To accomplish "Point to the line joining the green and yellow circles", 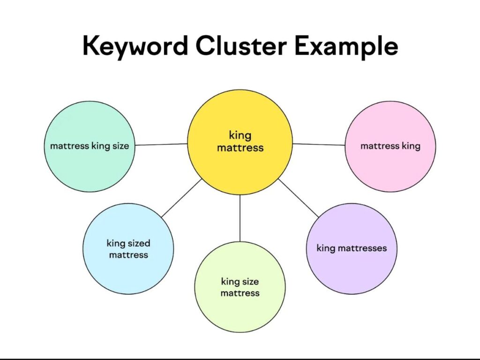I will point(161,144).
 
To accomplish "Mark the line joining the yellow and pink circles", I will point(319,144).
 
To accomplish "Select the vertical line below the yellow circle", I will point(240,218).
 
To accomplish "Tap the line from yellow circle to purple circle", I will point(298,197).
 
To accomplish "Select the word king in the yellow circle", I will point(240,135).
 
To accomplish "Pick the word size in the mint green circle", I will point(120,146).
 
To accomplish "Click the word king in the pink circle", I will point(411,146).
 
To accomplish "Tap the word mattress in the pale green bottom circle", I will point(240,293).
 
